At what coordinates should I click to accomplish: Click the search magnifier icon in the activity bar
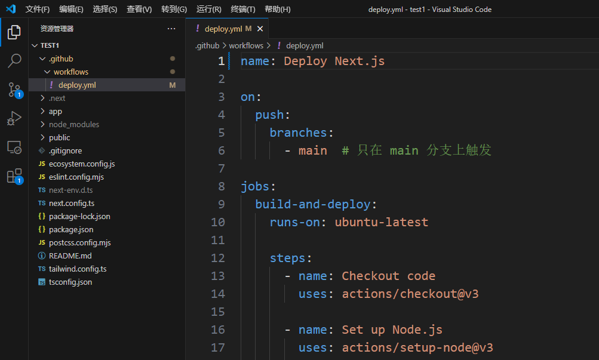click(x=14, y=61)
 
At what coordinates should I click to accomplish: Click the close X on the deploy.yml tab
click(x=260, y=29)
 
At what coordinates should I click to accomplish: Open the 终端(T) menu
click(x=243, y=9)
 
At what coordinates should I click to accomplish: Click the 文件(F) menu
click(x=38, y=9)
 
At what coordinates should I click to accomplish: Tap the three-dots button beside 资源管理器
click(x=171, y=29)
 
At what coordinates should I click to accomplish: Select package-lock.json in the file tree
click(x=79, y=217)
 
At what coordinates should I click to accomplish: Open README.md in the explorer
click(x=70, y=256)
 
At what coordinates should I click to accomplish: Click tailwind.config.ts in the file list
click(x=78, y=269)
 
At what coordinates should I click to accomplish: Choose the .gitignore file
click(x=65, y=151)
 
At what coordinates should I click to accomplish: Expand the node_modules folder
click(x=73, y=124)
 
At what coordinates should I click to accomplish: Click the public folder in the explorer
click(x=59, y=137)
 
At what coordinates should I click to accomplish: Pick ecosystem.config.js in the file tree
click(x=82, y=164)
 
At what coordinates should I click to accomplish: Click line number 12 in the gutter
click(x=218, y=258)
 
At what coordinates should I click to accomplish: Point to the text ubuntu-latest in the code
click(x=381, y=222)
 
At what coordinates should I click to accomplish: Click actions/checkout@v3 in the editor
click(x=410, y=294)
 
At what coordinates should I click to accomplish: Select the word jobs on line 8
click(x=255, y=186)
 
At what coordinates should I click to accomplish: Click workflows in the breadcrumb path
click(x=246, y=46)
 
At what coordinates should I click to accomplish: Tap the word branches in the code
click(x=298, y=133)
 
